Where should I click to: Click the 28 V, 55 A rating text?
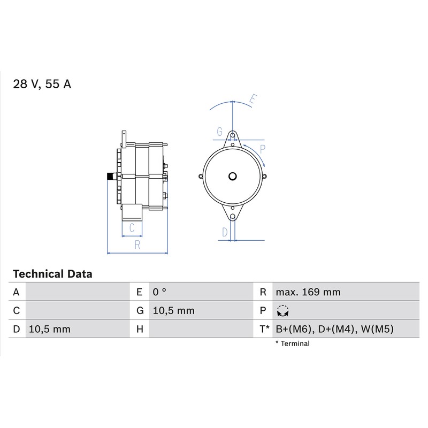42,84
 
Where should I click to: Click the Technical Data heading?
52,274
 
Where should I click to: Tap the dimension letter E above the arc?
253,99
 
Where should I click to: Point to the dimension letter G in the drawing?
220,132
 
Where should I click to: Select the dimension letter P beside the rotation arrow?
263,149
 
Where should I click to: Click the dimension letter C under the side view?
132,228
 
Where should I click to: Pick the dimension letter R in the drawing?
137,245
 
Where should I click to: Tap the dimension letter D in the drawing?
225,232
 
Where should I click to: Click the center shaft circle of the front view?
232,177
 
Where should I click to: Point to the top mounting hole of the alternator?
233,135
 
